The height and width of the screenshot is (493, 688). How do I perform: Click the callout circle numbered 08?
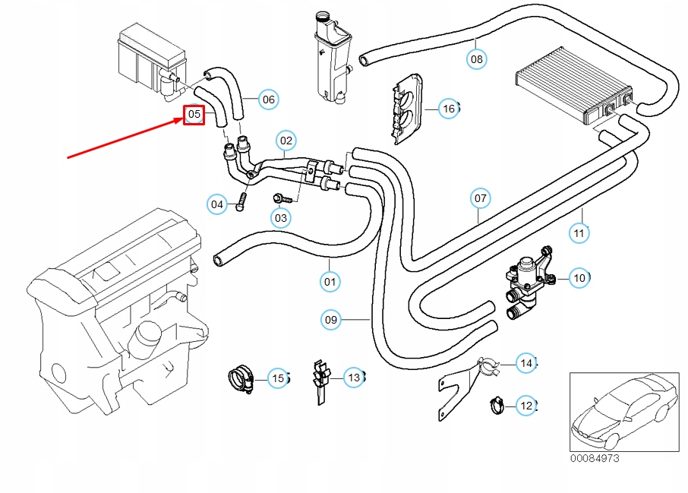point(477,58)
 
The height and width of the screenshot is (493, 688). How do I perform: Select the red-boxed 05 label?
point(194,115)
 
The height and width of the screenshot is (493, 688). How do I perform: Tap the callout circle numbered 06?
point(268,99)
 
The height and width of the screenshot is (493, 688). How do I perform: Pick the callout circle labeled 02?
point(286,141)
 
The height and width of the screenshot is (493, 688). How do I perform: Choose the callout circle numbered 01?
point(329,282)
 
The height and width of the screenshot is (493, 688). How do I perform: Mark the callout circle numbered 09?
point(330,320)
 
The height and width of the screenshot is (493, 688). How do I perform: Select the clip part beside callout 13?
point(320,378)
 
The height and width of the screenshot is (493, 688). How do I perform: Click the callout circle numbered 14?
point(526,364)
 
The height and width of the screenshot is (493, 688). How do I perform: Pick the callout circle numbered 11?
point(579,232)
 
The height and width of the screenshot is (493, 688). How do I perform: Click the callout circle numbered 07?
point(480,199)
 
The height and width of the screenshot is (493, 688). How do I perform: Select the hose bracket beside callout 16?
point(408,109)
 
